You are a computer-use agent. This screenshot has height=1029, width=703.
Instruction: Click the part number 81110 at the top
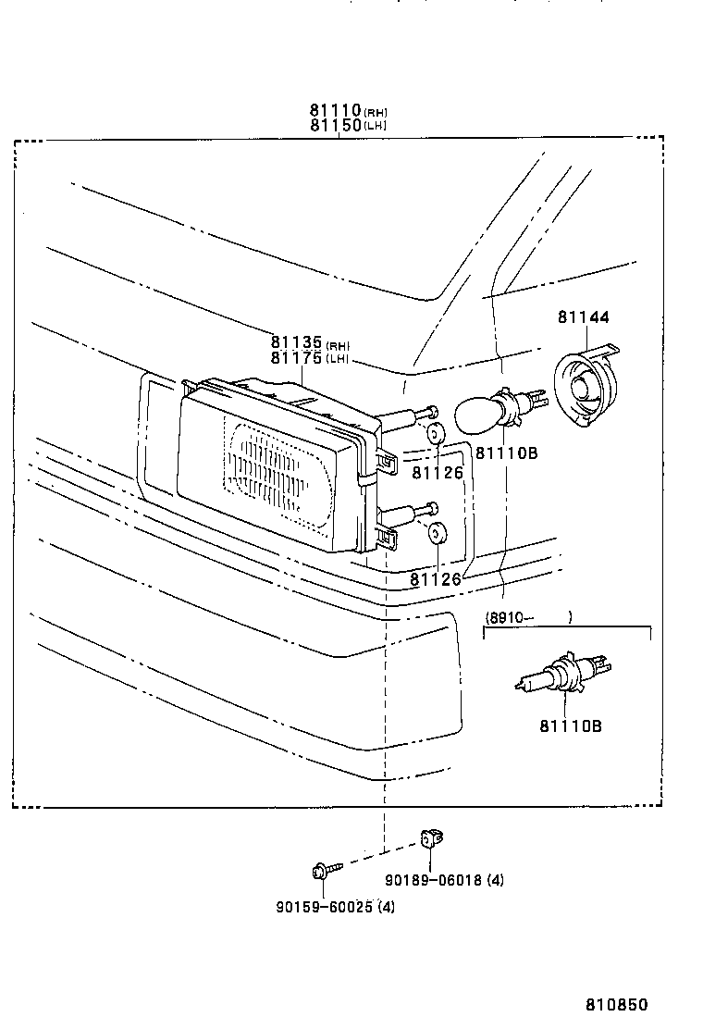[335, 111]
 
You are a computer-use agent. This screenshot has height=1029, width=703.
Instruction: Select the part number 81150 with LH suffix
[335, 126]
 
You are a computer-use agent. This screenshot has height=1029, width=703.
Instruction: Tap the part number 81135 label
[296, 342]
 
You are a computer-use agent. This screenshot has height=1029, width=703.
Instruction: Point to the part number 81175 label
[296, 357]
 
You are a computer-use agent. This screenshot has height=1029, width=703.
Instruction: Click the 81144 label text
[583, 317]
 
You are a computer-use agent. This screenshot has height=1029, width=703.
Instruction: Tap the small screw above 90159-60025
[325, 869]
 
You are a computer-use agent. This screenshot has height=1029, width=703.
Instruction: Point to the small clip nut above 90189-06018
[429, 838]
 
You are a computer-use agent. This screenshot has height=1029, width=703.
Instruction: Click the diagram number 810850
[615, 1005]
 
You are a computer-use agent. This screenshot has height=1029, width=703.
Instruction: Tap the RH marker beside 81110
[375, 113]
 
